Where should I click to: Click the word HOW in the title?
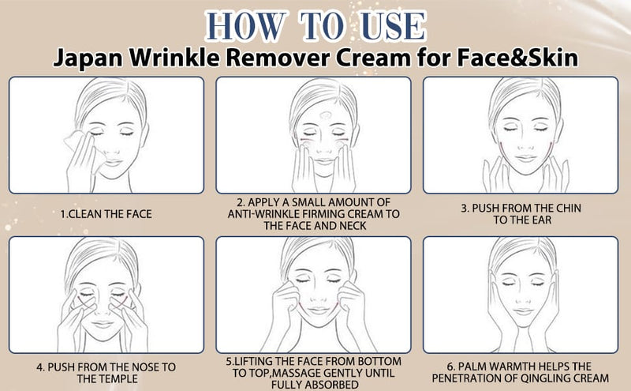pos(236,26)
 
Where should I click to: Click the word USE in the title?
pos(393,26)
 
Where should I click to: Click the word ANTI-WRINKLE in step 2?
pos(258,213)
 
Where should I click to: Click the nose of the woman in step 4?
pos(105,309)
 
